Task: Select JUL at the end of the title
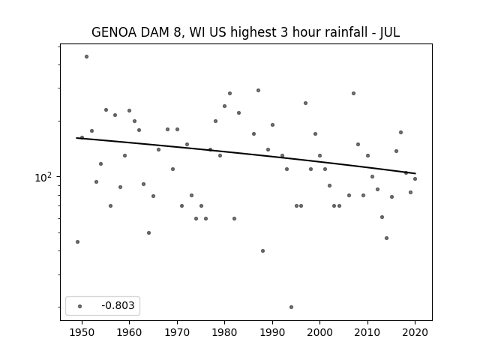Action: (390, 32)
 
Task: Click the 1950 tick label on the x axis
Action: (82, 332)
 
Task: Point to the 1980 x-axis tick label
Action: (224, 332)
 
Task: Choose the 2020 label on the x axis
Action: (415, 332)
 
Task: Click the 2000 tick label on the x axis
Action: (320, 332)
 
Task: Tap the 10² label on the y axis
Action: (43, 177)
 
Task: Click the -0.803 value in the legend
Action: (118, 305)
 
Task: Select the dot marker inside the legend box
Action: (80, 306)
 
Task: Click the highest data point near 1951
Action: (87, 57)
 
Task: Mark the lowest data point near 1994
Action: (292, 307)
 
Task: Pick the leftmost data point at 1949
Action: (77, 241)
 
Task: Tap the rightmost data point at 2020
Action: (415, 178)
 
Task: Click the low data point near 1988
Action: (262, 251)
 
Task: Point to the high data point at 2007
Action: (353, 93)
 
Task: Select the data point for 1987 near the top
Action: (258, 90)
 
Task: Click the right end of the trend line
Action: (415, 173)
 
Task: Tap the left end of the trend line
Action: (76, 138)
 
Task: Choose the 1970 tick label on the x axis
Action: (177, 332)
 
